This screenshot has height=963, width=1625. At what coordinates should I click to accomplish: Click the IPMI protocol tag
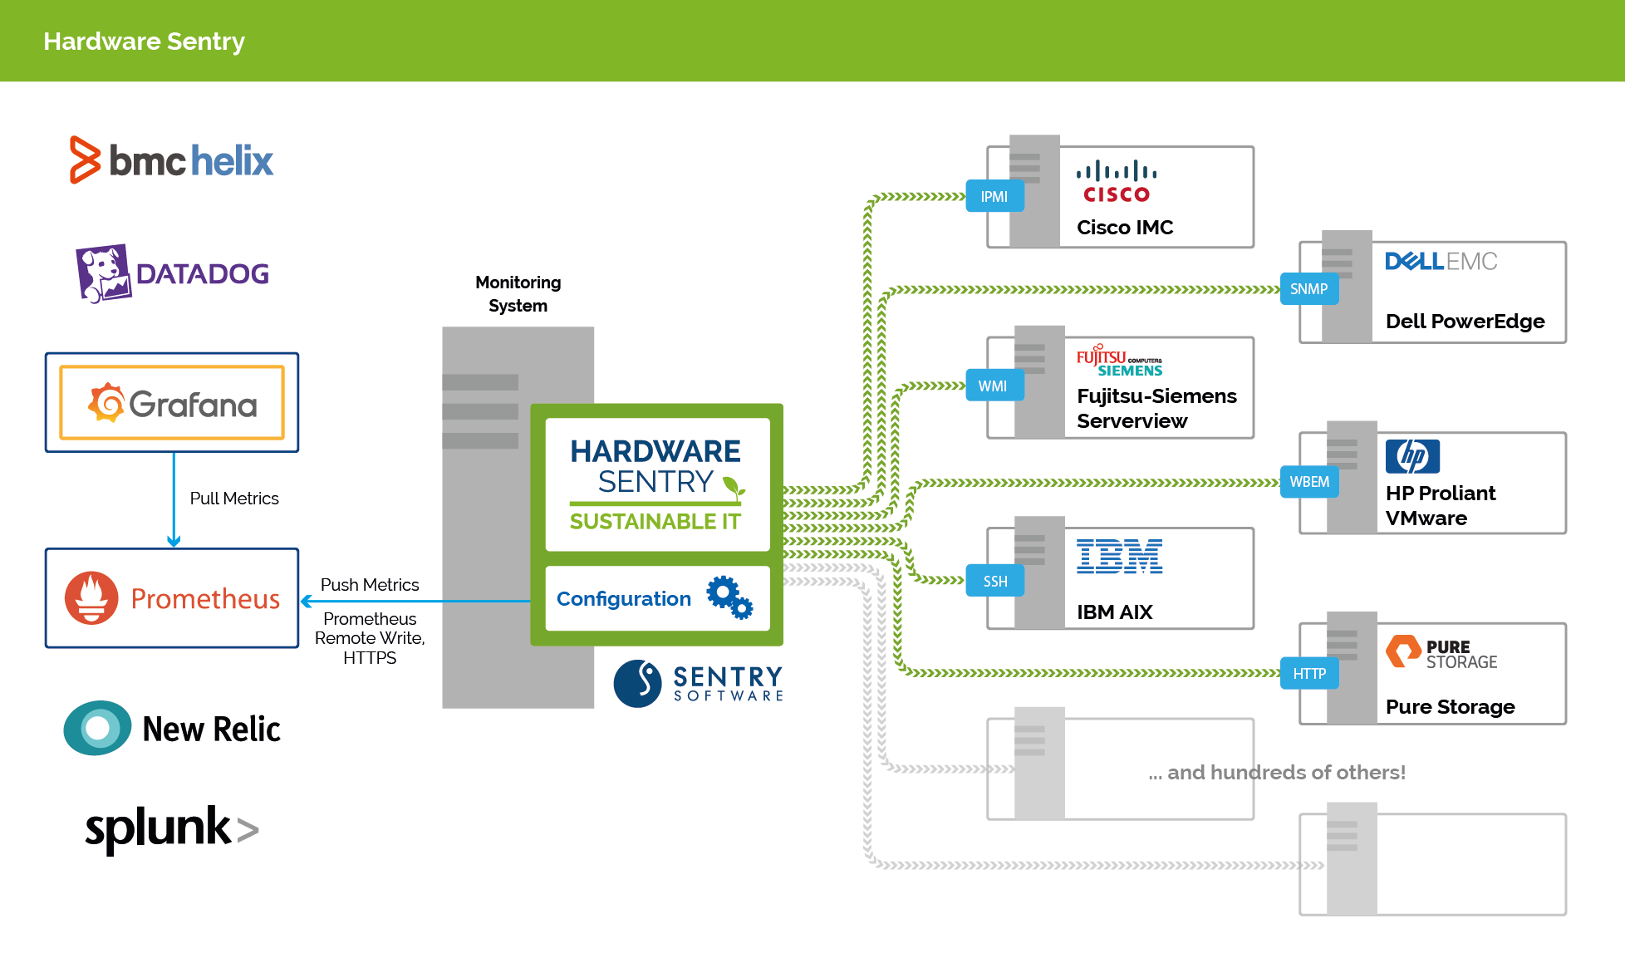tap(994, 197)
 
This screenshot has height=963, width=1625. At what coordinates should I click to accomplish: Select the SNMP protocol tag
tap(1308, 289)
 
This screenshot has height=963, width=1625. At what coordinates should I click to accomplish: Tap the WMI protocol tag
tap(993, 386)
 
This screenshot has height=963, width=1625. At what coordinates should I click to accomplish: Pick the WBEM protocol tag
tap(1309, 482)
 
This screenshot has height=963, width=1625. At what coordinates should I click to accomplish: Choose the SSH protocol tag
tap(994, 582)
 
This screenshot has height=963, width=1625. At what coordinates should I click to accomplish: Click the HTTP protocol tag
tap(1309, 674)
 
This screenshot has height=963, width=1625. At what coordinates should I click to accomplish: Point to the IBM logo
tap(1119, 557)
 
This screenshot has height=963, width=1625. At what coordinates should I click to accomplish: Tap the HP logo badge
tap(1412, 456)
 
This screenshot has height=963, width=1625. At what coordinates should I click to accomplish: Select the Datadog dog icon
tap(104, 273)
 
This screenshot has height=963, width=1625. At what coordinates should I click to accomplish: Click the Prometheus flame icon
tap(91, 597)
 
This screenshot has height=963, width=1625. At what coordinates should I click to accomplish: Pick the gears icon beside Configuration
tap(729, 597)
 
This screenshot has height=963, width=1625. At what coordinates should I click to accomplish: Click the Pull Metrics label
tap(234, 499)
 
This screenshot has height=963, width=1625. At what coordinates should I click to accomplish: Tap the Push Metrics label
tap(370, 585)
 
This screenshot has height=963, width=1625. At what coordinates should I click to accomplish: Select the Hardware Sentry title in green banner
tap(144, 41)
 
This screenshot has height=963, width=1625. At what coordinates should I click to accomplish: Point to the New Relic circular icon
tap(97, 728)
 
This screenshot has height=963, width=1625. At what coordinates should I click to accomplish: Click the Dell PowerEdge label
tap(1465, 322)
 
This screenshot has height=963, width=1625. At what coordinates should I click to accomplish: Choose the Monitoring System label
tap(518, 294)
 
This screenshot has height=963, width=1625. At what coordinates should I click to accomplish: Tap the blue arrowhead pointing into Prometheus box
tap(307, 601)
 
